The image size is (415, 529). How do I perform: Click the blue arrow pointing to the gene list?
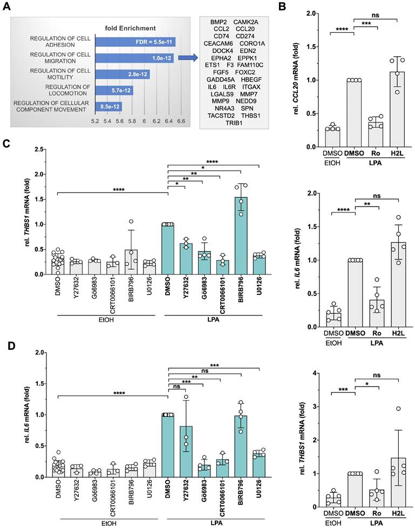(187, 57)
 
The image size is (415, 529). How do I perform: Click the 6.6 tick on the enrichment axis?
(180, 122)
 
